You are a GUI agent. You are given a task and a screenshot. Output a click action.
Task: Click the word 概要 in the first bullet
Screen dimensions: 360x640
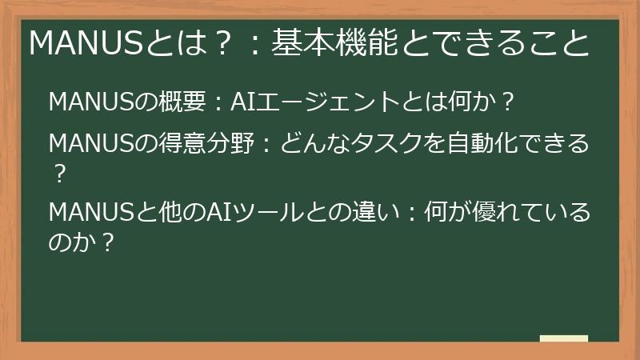[x=183, y=102]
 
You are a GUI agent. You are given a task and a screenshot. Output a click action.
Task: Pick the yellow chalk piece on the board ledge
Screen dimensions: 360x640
[x=563, y=338]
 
